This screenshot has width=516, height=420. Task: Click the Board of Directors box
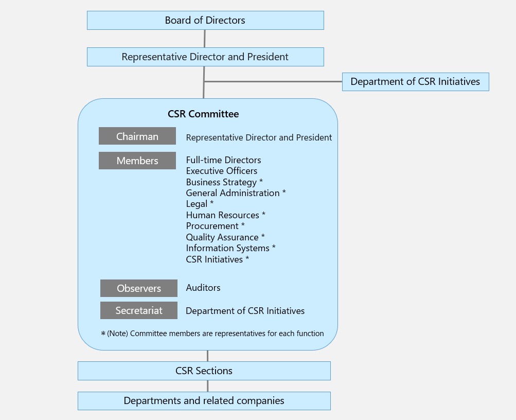[205, 21]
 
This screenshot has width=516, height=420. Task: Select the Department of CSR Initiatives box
[415, 82]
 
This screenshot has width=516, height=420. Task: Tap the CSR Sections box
[204, 371]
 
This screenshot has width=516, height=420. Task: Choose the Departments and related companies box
[204, 401]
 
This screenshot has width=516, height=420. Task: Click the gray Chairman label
[137, 136]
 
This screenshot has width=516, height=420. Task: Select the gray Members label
[137, 161]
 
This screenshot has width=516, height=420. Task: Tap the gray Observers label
[139, 288]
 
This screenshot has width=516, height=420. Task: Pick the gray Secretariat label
[139, 310]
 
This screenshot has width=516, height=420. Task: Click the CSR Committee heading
[203, 114]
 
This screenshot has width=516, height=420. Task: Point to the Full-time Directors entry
[223, 160]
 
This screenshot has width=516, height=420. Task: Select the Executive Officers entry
[222, 171]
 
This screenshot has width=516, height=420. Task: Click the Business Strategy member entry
[221, 182]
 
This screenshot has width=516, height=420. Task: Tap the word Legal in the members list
[197, 204]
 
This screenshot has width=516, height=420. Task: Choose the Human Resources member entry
[222, 215]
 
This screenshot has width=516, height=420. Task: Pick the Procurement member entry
[212, 226]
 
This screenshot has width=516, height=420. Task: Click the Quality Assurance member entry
[222, 237]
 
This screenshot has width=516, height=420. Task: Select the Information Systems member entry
[227, 248]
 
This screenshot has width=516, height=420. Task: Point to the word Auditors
[203, 288]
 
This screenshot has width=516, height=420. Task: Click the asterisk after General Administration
[284, 192]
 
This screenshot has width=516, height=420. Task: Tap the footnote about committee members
[212, 334]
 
